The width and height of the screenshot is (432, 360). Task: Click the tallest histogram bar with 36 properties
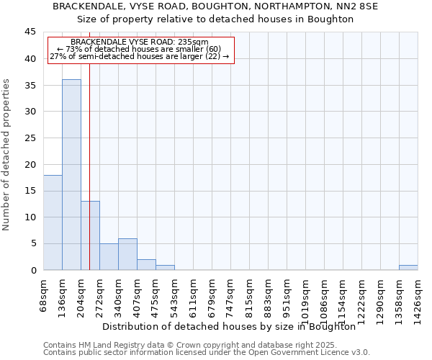click(71, 175)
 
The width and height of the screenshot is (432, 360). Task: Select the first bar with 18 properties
click(53, 222)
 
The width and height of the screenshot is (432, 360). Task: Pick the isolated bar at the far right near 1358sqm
click(408, 268)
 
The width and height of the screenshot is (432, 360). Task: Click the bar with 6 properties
click(127, 254)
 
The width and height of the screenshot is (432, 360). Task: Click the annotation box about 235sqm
click(140, 50)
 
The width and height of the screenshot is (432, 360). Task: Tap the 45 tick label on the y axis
click(30, 32)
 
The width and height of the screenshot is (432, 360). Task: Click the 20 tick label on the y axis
click(30, 164)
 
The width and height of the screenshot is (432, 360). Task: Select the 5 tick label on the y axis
click(33, 243)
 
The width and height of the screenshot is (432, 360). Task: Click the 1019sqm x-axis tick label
click(306, 296)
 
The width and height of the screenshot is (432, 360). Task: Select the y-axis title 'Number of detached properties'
click(7, 155)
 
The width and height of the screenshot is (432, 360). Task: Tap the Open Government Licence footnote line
click(207, 353)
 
